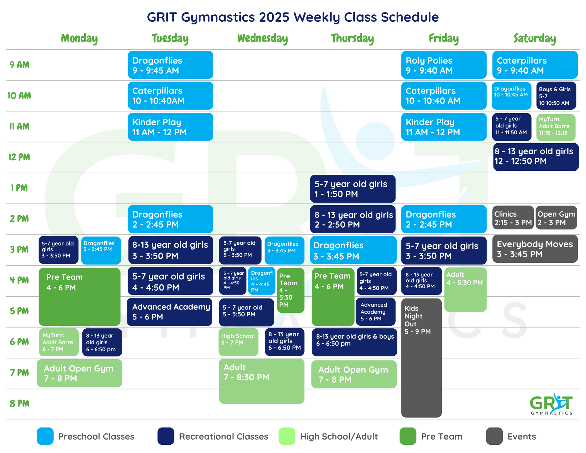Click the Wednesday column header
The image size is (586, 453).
[262, 39]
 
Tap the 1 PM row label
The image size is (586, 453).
[19, 188]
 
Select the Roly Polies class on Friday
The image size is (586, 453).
[443, 65]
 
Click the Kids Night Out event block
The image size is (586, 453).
[421, 357]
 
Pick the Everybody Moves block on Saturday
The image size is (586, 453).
[535, 249]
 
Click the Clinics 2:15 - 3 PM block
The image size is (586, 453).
[513, 218]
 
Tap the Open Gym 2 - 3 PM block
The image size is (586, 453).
[556, 218]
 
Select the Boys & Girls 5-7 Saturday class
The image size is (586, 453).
[556, 96]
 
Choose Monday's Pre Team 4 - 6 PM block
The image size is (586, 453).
[79, 296]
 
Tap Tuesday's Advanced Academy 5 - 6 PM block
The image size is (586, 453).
[170, 312]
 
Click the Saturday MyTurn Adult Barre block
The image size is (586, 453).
[555, 127]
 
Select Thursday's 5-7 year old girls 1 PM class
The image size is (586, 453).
[353, 188]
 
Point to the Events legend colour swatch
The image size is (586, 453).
[494, 436]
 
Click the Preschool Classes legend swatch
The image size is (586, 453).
[45, 436]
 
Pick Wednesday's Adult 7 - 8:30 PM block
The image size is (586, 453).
[262, 381]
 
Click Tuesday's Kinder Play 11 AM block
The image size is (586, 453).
[170, 127]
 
